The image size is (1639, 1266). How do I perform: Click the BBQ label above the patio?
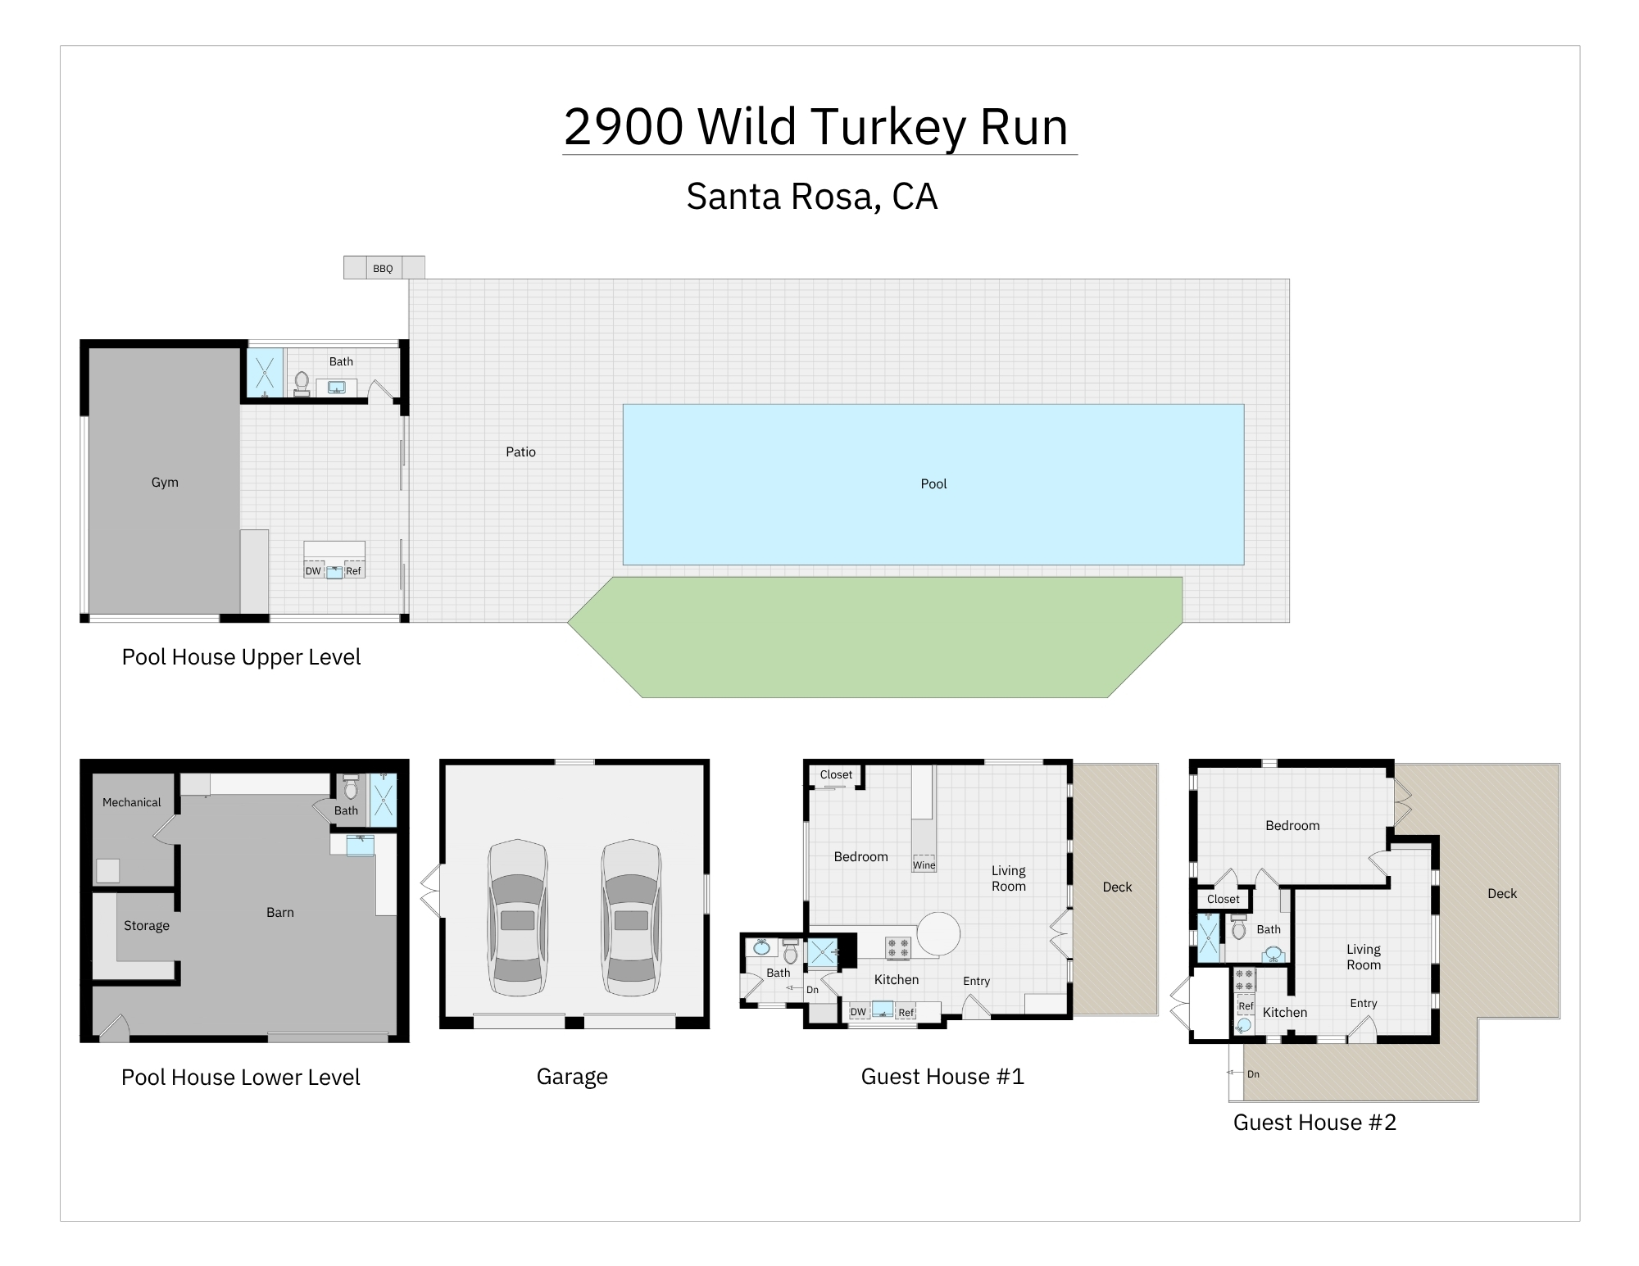[383, 269]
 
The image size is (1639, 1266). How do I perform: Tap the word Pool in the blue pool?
[933, 484]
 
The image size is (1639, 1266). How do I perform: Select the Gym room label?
[165, 483]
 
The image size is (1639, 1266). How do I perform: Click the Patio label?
[520, 451]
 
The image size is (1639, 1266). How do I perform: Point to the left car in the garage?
[517, 918]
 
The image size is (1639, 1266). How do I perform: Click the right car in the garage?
[631, 918]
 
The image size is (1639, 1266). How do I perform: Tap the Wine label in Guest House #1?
[924, 864]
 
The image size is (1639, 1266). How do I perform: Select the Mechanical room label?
[131, 802]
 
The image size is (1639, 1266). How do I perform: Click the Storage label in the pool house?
[147, 925]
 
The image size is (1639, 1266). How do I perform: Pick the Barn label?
[280, 912]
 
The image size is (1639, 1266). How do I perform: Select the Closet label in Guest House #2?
[1223, 899]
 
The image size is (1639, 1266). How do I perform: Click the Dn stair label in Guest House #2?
[1253, 1073]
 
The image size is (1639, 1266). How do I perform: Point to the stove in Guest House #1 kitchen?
[898, 948]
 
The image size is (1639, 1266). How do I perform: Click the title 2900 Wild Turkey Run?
[816, 127]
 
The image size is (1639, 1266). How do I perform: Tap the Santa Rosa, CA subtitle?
[811, 197]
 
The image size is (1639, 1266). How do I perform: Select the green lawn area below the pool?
[875, 637]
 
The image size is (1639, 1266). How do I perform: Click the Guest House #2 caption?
[1314, 1122]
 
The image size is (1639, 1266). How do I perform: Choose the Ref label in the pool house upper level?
[353, 571]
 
